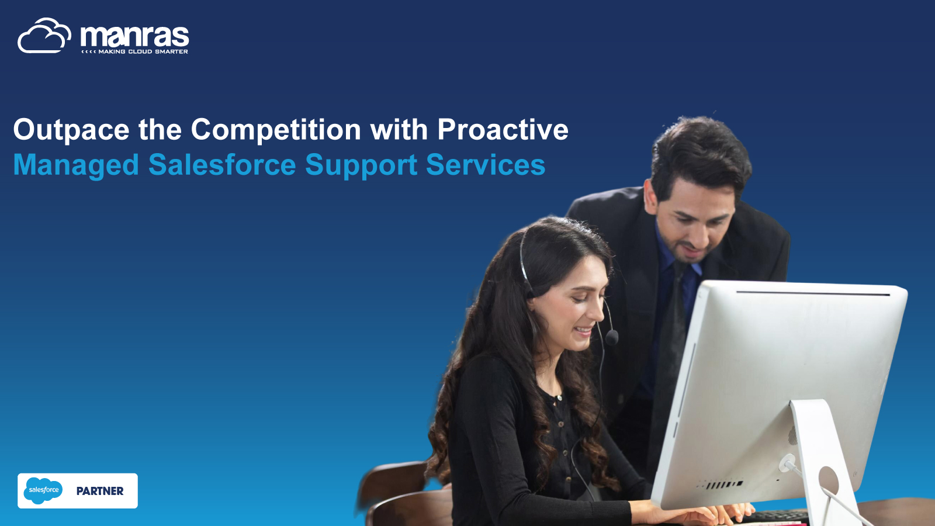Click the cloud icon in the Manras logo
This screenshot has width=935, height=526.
coord(44,36)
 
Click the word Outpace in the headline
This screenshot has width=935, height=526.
coord(71,130)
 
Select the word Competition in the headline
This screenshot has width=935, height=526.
coord(276,130)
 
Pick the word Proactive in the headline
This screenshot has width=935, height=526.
coord(503,129)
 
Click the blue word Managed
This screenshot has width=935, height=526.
coord(76,165)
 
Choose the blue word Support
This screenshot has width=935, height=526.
coord(361,165)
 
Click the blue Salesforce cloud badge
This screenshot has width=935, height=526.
coord(43,490)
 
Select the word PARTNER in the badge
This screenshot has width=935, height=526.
coord(100,491)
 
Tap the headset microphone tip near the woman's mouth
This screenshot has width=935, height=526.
coord(611,337)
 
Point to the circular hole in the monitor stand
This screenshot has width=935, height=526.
coord(828,480)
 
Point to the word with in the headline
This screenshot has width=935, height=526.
coord(399,129)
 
